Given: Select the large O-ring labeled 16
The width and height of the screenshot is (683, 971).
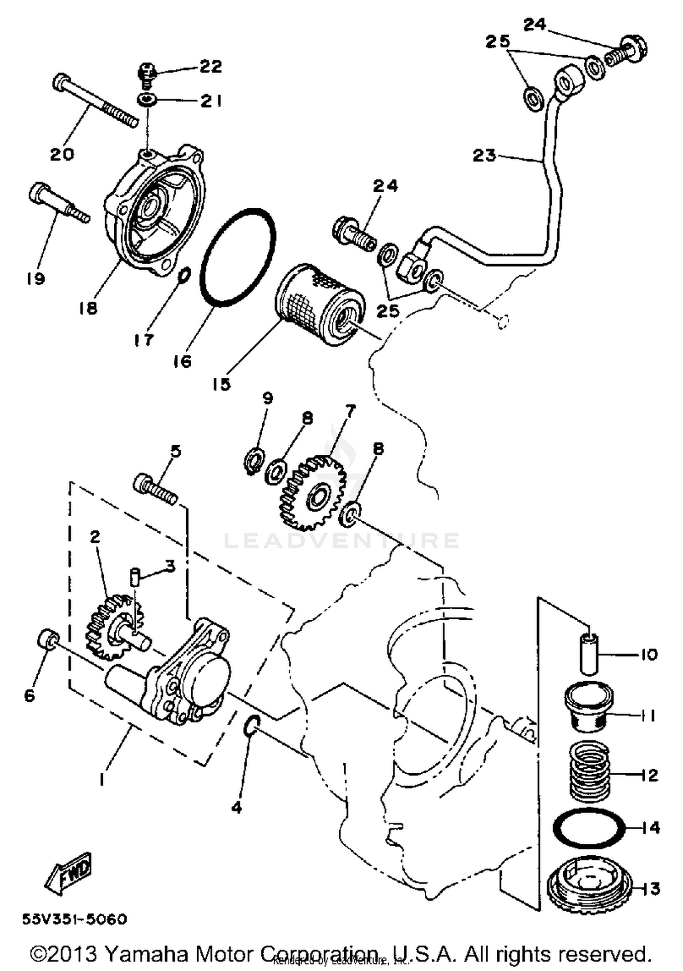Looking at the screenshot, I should (x=237, y=257).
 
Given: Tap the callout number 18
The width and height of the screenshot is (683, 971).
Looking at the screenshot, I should (x=87, y=308).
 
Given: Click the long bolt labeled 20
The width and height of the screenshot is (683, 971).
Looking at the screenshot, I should (x=96, y=101).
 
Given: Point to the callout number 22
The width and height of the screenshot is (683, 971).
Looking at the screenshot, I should (x=211, y=67).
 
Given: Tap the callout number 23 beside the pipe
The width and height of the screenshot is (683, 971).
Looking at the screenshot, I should (x=484, y=155).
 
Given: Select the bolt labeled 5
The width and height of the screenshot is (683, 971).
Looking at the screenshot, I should (x=155, y=489).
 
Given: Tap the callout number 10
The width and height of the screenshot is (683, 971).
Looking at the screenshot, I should (x=648, y=655).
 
